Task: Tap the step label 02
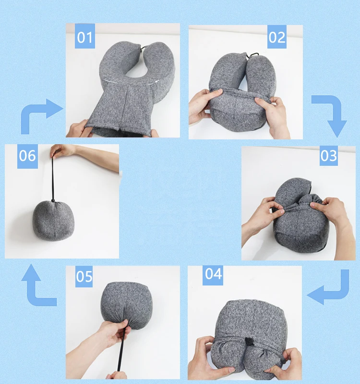coord(277,37)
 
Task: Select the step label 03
coord(329,156)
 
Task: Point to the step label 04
coord(213,274)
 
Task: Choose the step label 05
coord(84,277)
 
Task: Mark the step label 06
coord(27,156)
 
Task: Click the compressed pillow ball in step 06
coord(54,221)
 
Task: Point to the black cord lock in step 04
coord(249,341)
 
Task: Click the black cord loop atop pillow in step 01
coord(143,48)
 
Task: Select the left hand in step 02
coord(204,107)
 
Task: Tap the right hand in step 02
coord(273,115)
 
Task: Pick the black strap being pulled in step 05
coord(121,349)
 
